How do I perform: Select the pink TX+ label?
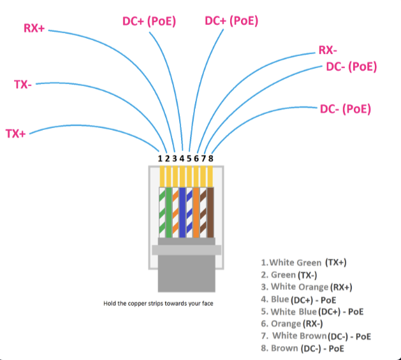click(x=15, y=133)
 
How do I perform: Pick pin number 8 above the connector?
click(x=210, y=158)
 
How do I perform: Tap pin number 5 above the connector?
click(x=189, y=158)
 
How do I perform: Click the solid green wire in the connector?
click(x=168, y=210)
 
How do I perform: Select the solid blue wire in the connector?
click(x=182, y=210)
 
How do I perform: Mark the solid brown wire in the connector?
click(x=210, y=210)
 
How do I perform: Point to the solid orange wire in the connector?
click(x=196, y=210)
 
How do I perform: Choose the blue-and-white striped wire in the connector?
click(x=189, y=210)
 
